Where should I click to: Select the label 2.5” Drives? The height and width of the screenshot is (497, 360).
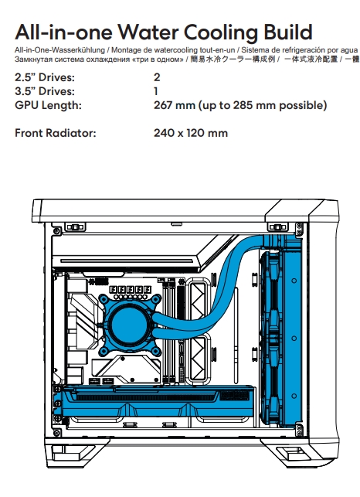pyautogui.click(x=45, y=77)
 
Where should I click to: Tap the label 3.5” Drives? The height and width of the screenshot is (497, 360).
pyautogui.click(x=45, y=91)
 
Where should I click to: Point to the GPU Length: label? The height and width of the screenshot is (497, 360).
pyautogui.click(x=48, y=105)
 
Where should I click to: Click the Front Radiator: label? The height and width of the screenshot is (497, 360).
pyautogui.click(x=55, y=133)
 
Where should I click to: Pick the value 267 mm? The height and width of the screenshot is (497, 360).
pyautogui.click(x=175, y=105)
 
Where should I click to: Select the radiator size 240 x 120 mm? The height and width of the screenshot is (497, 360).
pyautogui.click(x=191, y=133)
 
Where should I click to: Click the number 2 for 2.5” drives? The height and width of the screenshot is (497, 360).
pyautogui.click(x=157, y=77)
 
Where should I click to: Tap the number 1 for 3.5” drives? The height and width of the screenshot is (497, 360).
pyautogui.click(x=156, y=91)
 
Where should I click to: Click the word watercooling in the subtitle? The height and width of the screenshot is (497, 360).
pyautogui.click(x=178, y=50)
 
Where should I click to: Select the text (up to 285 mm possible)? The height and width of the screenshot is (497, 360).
pyautogui.click(x=263, y=105)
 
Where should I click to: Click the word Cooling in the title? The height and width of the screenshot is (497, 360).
pyautogui.click(x=221, y=32)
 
